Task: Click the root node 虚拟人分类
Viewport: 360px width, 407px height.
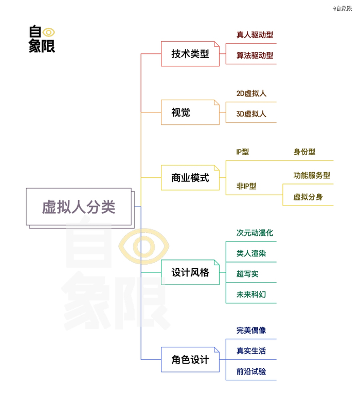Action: click(79, 207)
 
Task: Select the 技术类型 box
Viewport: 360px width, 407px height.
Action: click(190, 54)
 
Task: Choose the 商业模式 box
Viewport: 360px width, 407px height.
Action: click(190, 178)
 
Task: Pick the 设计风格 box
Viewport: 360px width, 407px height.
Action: click(190, 272)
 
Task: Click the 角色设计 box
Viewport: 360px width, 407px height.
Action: click(190, 360)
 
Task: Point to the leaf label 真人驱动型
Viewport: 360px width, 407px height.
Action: click(255, 35)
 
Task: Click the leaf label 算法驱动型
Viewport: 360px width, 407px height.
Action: click(255, 55)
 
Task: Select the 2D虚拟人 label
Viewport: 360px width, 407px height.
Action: click(251, 94)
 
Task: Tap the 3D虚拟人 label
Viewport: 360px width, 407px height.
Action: click(251, 114)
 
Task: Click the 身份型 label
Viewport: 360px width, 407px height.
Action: click(304, 152)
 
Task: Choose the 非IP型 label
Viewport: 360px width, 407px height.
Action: click(246, 186)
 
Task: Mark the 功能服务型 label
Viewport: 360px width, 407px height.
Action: click(312, 175)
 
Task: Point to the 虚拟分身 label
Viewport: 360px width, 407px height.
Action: click(308, 197)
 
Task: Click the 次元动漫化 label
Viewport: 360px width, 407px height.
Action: click(255, 233)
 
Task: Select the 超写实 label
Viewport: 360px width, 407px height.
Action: click(247, 274)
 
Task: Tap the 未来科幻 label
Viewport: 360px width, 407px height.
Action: click(251, 294)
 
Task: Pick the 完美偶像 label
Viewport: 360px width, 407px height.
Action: click(251, 330)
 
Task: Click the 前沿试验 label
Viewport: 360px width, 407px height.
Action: click(251, 372)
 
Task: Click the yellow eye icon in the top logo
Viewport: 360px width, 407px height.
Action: click(49, 32)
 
